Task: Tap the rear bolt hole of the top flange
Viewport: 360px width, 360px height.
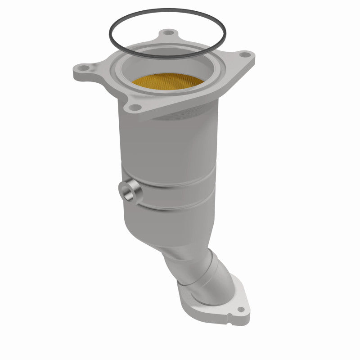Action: (168, 33)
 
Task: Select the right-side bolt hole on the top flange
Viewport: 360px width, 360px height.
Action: (244, 55)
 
